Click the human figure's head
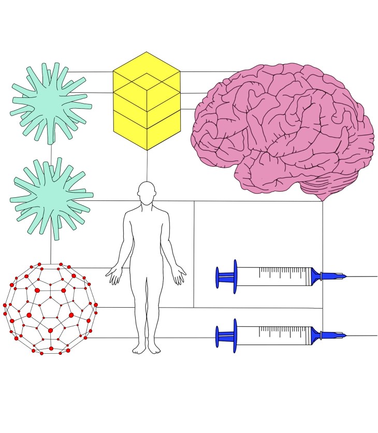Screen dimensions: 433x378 coord(147,191)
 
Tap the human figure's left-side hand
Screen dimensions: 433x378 coord(113,275)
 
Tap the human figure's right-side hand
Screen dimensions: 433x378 coord(179,275)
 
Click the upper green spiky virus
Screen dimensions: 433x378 coord(50,103)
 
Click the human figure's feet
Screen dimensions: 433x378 coord(147,349)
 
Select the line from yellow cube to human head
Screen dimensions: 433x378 coord(147,166)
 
